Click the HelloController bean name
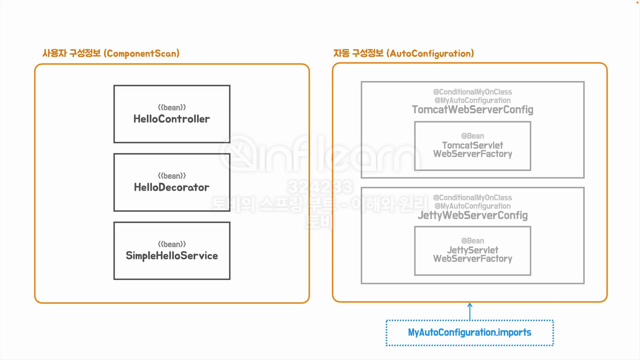(x=172, y=119)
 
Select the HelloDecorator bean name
(x=172, y=187)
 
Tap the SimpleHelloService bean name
(x=172, y=256)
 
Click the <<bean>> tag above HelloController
(x=172, y=107)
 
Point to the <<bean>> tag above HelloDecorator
(x=172, y=176)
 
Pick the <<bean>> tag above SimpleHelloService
(x=172, y=244)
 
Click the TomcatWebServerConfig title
(x=472, y=110)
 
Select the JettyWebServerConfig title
(x=472, y=215)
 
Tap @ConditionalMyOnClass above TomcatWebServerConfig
(x=472, y=92)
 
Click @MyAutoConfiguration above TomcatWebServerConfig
(x=472, y=100)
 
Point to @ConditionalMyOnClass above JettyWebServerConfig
(x=472, y=197)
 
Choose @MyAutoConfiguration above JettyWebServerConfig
(x=472, y=206)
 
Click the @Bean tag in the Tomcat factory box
(x=472, y=136)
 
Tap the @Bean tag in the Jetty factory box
(x=472, y=241)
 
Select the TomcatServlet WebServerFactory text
(x=472, y=150)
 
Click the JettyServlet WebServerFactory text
(x=472, y=254)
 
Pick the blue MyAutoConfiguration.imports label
(x=469, y=332)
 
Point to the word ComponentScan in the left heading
(x=141, y=54)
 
